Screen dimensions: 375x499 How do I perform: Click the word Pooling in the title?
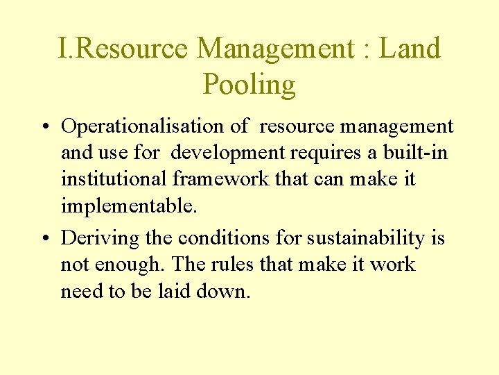(x=249, y=85)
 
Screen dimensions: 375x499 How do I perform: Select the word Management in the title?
(x=275, y=49)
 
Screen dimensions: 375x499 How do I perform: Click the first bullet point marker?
(x=43, y=127)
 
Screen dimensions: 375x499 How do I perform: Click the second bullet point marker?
(x=43, y=238)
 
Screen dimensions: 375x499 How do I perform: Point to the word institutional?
(x=114, y=179)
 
